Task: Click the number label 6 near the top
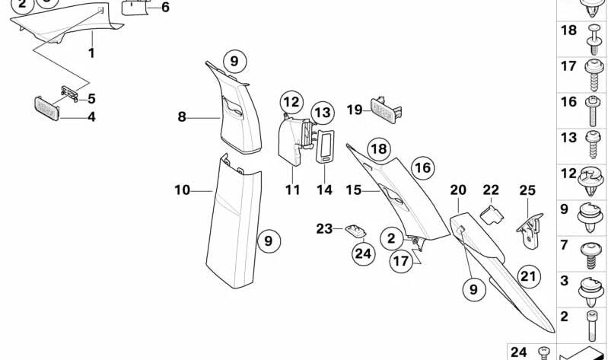(165, 8)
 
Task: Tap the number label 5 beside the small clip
(91, 98)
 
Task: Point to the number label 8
(182, 116)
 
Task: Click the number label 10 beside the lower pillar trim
(182, 190)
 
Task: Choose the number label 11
(293, 190)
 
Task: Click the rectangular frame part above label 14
(325, 145)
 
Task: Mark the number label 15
(352, 190)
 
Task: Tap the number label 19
(355, 110)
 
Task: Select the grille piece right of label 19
(386, 108)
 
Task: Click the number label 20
(457, 190)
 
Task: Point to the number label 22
(491, 190)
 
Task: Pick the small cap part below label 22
(492, 211)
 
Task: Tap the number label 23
(325, 228)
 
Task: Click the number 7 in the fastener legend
(564, 245)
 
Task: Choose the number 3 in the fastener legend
(564, 282)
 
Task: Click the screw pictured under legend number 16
(590, 110)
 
